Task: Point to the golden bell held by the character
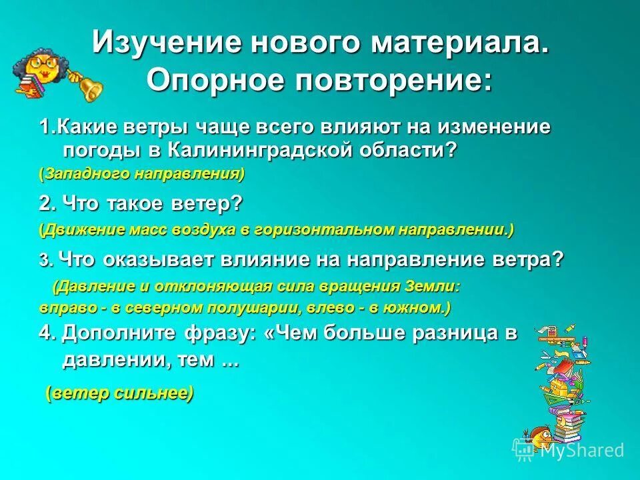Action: click(88, 85)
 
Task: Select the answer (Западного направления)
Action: click(142, 175)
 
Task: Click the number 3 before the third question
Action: click(43, 261)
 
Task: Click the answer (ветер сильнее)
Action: click(120, 393)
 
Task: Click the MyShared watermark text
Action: click(581, 451)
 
